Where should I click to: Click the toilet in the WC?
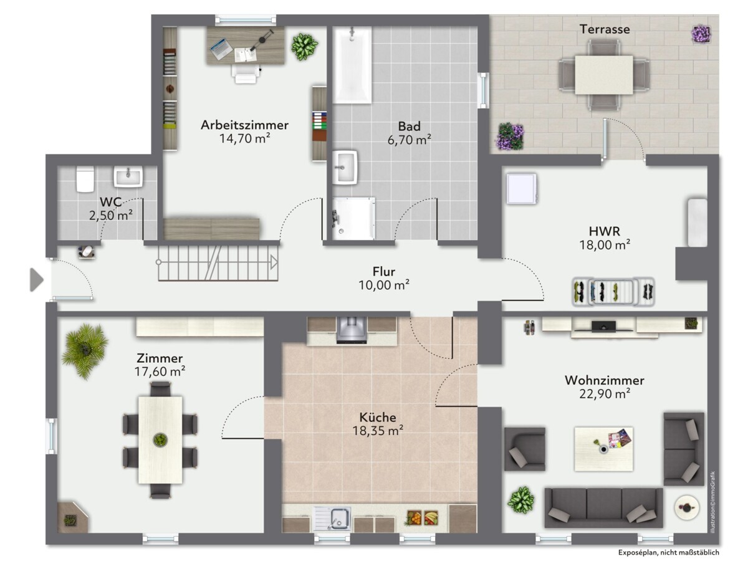pos(85,179)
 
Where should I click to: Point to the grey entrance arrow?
pos(36,280)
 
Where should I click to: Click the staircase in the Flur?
pos(218,262)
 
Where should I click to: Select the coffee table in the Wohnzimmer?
pos(603,449)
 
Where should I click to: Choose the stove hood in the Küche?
pos(352,330)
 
